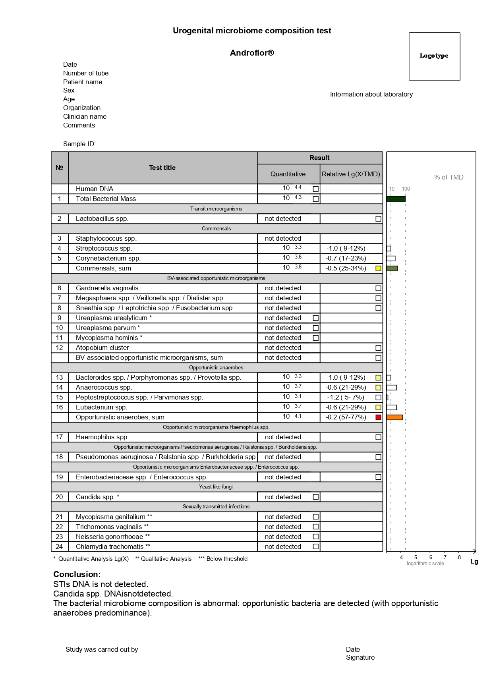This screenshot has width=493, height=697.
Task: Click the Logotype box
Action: click(434, 56)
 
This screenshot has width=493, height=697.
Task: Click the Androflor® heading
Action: click(252, 53)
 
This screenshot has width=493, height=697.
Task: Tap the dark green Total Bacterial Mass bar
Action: click(396, 199)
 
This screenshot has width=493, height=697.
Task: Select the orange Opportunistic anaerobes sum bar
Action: click(394, 417)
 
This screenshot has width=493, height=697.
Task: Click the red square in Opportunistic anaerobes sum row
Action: click(378, 417)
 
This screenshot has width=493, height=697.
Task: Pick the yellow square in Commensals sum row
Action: click(378, 268)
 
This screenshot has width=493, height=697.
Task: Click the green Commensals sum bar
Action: click(392, 268)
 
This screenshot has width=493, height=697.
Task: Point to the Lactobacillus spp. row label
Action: click(102, 219)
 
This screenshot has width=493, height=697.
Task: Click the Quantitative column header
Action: click(288, 174)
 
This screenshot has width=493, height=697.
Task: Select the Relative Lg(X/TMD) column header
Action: click(351, 174)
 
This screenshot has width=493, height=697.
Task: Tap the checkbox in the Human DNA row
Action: click(315, 189)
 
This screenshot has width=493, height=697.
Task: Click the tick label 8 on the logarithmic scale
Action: click(459, 557)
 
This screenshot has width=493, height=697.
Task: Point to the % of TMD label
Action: click(449, 178)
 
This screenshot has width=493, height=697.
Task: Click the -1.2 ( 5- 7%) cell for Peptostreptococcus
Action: click(346, 398)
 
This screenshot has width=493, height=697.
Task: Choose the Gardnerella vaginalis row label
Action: click(107, 288)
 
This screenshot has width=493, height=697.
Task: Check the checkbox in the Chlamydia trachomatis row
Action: click(315, 546)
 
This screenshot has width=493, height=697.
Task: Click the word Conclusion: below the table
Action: click(77, 574)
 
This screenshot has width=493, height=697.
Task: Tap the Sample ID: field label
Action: click(79, 144)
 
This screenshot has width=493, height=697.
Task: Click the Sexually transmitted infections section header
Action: click(216, 507)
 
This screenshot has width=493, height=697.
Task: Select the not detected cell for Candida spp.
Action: click(283, 497)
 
